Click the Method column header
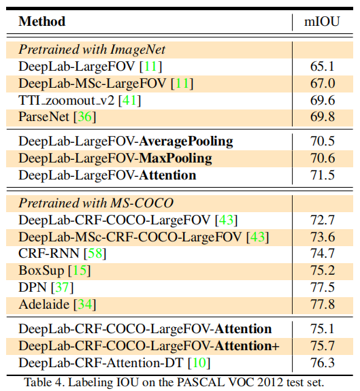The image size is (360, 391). (x=42, y=21)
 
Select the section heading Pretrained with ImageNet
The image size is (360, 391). (x=92, y=49)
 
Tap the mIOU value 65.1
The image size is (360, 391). (x=323, y=66)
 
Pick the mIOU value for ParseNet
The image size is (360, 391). (x=323, y=117)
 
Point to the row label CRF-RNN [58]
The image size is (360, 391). (x=62, y=254)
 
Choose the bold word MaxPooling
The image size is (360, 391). (x=176, y=158)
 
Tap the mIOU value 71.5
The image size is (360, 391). (x=323, y=175)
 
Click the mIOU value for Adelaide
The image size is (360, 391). (x=323, y=304)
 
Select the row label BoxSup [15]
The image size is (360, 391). (x=54, y=271)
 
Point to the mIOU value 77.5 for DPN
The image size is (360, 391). (x=323, y=287)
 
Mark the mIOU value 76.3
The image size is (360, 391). (x=323, y=362)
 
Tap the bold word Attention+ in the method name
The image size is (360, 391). (x=246, y=345)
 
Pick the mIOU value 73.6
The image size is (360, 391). (x=323, y=237)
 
